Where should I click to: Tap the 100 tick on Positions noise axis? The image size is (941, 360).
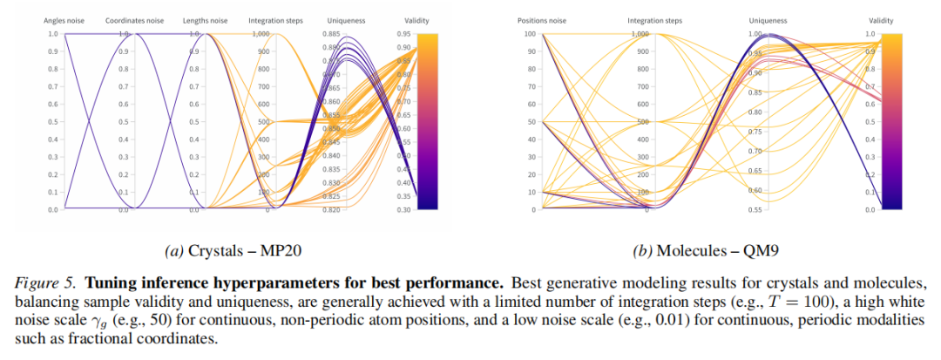(x=527, y=34)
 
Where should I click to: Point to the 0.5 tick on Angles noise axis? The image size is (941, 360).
(x=53, y=122)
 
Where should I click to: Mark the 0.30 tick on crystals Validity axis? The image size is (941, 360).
(x=403, y=210)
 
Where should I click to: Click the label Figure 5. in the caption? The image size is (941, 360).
(x=40, y=284)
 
